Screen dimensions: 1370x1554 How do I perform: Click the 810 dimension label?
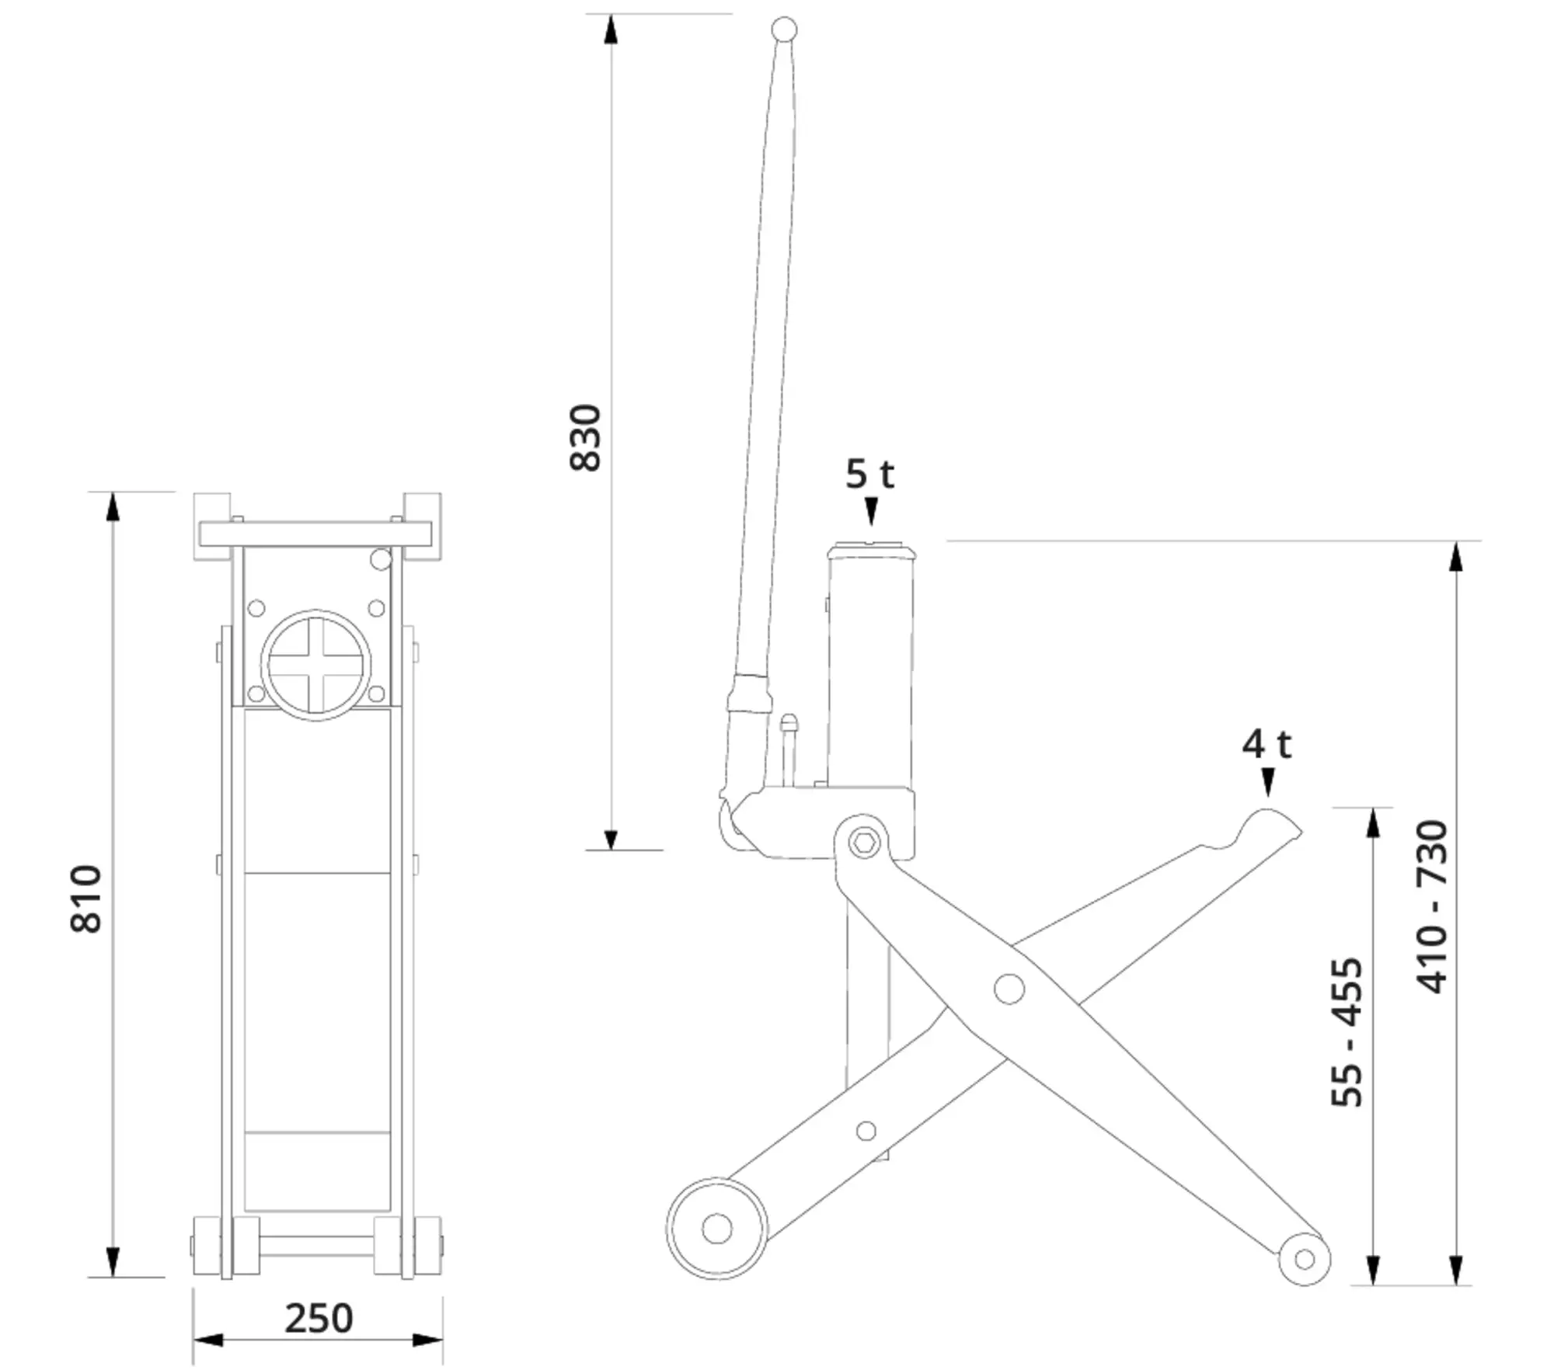point(86,899)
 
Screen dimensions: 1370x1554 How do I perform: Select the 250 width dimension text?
point(319,1318)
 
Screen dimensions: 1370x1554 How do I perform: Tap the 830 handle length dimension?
point(586,437)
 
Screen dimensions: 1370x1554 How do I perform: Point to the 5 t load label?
point(869,474)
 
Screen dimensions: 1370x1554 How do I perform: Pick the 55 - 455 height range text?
point(1347,1032)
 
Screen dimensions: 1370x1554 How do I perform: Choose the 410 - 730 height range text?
point(1432,906)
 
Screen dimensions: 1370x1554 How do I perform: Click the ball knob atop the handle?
point(784,30)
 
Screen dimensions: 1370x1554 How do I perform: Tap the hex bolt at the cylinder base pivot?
point(863,842)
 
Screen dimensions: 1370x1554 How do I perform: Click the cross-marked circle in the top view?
point(315,665)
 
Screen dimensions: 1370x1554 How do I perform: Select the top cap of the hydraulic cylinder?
point(871,551)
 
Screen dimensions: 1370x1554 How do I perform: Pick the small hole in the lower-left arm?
point(866,1131)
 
